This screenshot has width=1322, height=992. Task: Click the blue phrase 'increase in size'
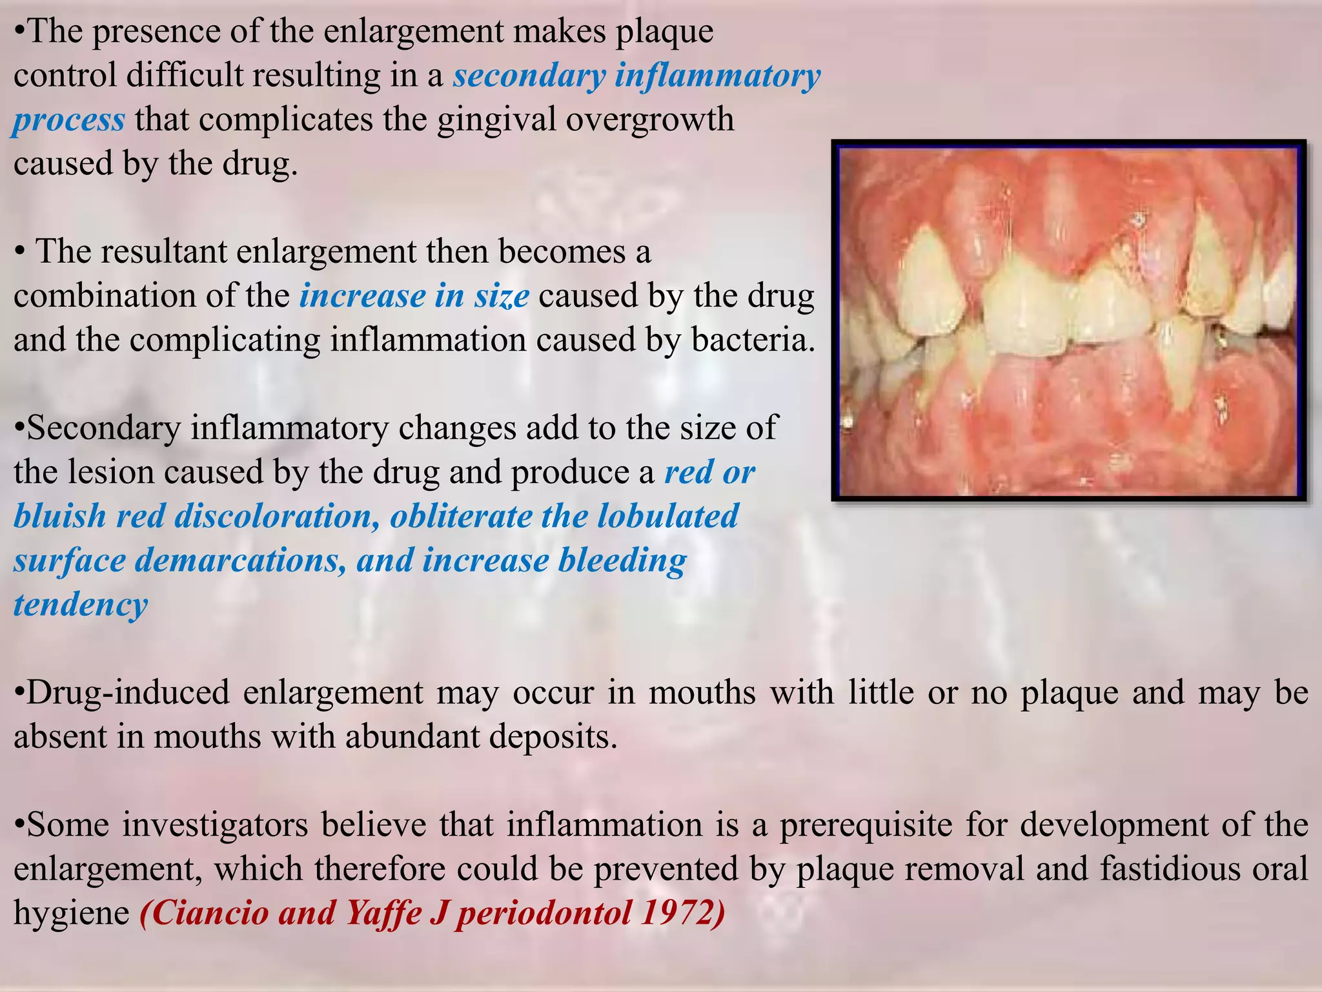(414, 296)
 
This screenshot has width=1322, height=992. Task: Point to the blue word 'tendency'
(81, 604)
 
